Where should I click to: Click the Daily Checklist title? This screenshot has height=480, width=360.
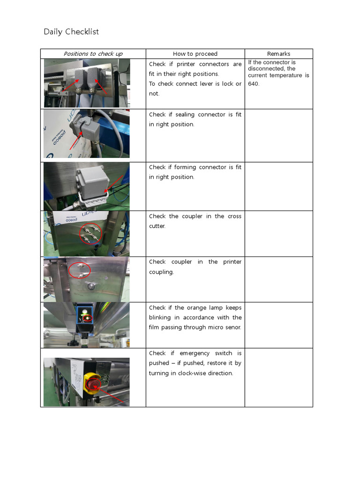point(71,32)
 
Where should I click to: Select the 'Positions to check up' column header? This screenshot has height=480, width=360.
point(93,54)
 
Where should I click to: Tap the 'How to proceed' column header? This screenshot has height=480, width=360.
point(195,54)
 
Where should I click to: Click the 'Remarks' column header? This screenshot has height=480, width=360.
point(278,54)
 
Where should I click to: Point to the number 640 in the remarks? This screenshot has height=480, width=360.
point(254,84)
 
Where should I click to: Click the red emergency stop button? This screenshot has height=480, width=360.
point(92,385)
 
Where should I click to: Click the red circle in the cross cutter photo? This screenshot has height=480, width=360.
point(90,233)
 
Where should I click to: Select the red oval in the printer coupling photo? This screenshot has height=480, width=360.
point(79,270)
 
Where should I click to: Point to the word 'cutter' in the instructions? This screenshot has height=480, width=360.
point(157,226)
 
